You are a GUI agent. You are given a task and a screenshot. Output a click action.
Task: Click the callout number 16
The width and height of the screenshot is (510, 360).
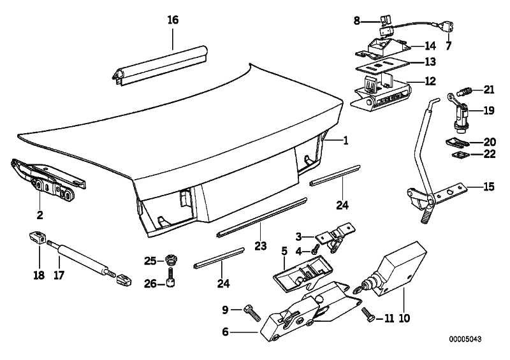(x=173, y=20)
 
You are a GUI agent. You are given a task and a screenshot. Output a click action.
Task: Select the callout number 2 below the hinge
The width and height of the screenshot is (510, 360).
(x=40, y=214)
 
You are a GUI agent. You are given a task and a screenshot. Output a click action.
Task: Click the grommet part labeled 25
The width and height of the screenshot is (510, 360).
(x=170, y=260)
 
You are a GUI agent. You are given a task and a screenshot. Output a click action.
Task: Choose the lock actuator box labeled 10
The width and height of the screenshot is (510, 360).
(x=397, y=268)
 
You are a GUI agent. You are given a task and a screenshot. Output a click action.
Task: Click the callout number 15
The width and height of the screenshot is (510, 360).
(x=488, y=187)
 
